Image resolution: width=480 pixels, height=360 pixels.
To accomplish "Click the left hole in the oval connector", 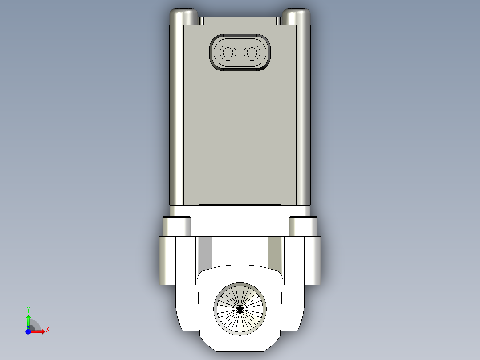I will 228,53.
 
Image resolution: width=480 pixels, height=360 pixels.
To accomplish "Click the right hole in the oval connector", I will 252,53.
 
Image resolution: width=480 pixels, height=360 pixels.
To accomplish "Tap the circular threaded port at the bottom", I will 240,308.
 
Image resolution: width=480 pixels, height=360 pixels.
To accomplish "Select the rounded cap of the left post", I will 183,13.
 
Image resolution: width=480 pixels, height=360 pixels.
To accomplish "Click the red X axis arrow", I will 39,331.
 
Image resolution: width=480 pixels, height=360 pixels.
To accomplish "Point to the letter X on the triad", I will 47,329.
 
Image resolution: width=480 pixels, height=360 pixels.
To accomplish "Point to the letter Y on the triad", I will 28,309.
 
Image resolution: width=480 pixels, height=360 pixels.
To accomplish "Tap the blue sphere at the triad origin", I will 28,331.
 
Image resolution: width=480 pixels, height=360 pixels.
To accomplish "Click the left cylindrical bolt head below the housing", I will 176,226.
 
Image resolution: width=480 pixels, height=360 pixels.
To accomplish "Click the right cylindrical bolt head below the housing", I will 303,226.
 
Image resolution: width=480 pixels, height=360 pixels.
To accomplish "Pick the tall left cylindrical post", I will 176,111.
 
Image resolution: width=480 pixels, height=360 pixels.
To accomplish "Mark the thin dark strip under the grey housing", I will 240,205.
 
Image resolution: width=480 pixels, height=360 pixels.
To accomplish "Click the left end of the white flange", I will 167,261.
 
